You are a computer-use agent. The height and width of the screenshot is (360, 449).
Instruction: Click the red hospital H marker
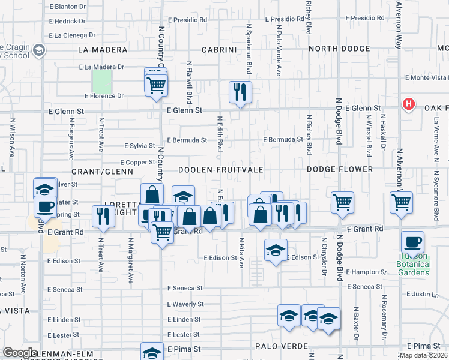[409, 104]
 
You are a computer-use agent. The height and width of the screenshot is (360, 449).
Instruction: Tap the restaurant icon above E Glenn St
[240, 92]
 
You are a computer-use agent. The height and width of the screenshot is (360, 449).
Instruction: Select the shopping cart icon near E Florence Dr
[157, 85]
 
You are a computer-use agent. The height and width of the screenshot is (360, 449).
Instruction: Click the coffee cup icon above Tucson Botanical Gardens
[413, 243]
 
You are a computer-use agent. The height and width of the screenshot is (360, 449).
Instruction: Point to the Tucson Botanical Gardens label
[414, 265]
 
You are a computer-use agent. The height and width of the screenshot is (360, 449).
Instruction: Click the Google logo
[19, 353]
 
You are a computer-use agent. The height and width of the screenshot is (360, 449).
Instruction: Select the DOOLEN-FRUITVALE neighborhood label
[220, 170]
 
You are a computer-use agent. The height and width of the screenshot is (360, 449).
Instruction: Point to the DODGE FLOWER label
[340, 170]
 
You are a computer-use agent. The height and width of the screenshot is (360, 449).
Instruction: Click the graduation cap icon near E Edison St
[276, 250]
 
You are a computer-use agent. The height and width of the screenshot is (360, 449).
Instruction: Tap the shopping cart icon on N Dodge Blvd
[342, 203]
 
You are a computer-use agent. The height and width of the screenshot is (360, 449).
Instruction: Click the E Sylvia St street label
[139, 146]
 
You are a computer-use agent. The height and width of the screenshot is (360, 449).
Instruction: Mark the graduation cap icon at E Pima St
[152, 352]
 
